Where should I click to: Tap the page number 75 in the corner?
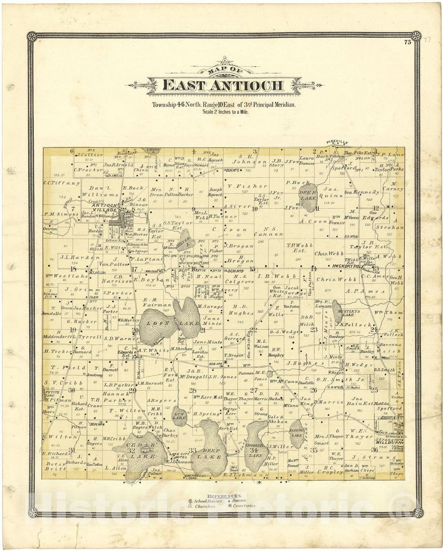point(408,43)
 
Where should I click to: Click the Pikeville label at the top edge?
point(337,143)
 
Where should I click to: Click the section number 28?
point(192,391)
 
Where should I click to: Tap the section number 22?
point(253,330)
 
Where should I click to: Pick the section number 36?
point(375,450)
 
